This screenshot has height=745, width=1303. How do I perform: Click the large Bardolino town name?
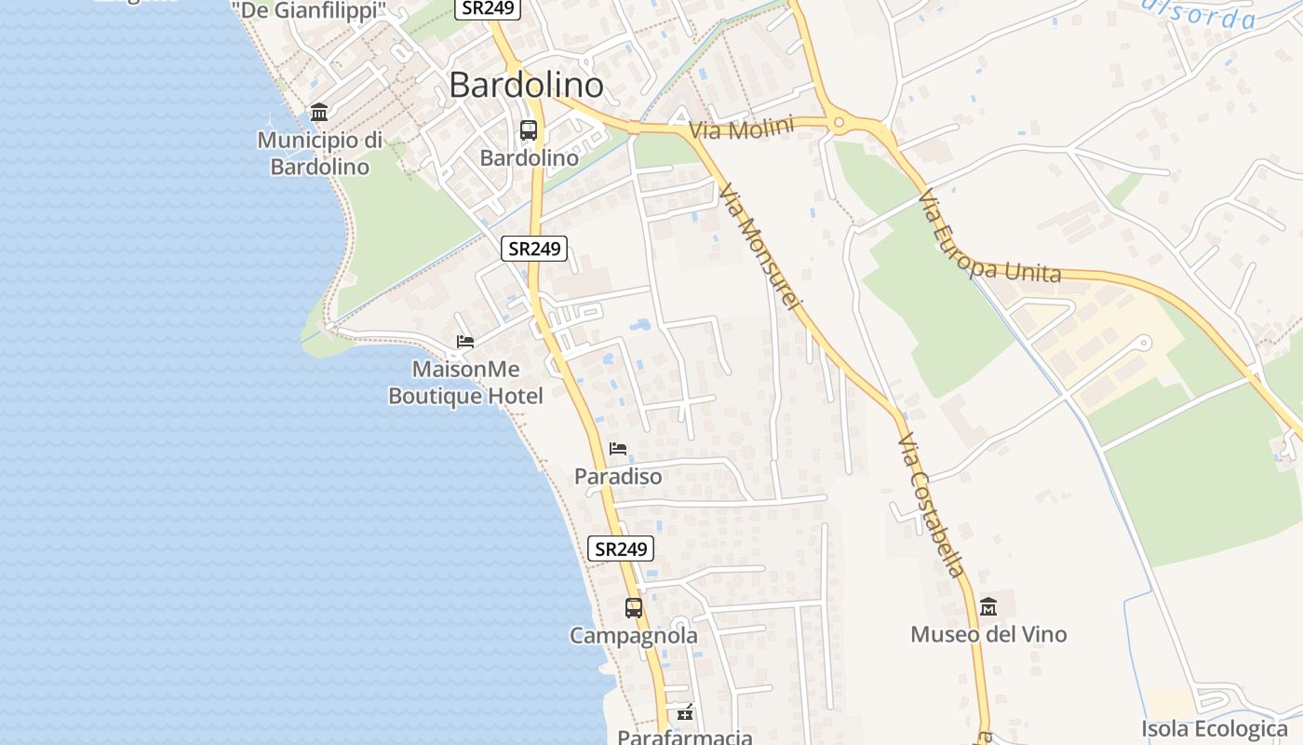526,85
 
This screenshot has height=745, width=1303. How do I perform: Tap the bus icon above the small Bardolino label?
529,130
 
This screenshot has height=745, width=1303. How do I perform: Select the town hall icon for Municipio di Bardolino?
319,113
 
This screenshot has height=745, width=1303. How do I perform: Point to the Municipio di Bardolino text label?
319,154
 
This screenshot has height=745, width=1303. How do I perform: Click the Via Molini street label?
742,129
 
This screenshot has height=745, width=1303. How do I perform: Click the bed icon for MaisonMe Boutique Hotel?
465,342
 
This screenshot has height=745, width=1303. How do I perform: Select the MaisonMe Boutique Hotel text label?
465,383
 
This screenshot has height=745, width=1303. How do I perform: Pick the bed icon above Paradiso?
618,449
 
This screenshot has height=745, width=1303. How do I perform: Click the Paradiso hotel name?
618,477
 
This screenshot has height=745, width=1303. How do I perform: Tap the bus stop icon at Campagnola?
634,608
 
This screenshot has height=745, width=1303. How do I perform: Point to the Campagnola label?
634,636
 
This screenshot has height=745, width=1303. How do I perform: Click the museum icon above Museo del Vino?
988,607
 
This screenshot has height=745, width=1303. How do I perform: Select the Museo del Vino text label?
988,635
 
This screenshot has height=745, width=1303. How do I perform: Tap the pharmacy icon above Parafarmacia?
685,713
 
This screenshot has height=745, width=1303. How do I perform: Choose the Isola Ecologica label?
1215,728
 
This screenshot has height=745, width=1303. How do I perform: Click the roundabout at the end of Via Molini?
839,121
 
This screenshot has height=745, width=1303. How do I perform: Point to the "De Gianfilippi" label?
309,11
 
